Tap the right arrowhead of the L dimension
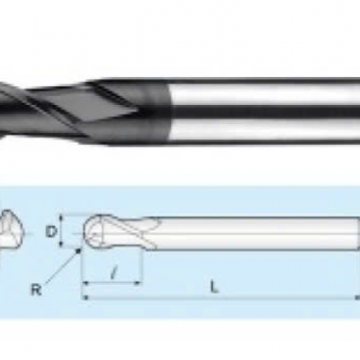pos(356,297)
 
